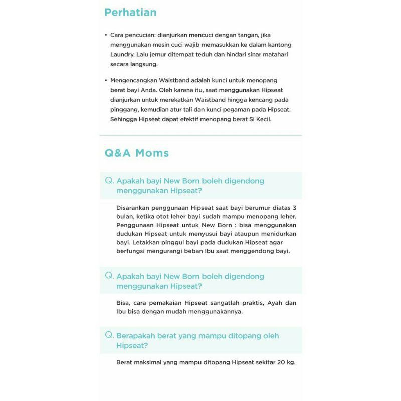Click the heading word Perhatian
[130, 12]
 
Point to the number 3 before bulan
[295, 208]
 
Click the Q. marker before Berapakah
[109, 335]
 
